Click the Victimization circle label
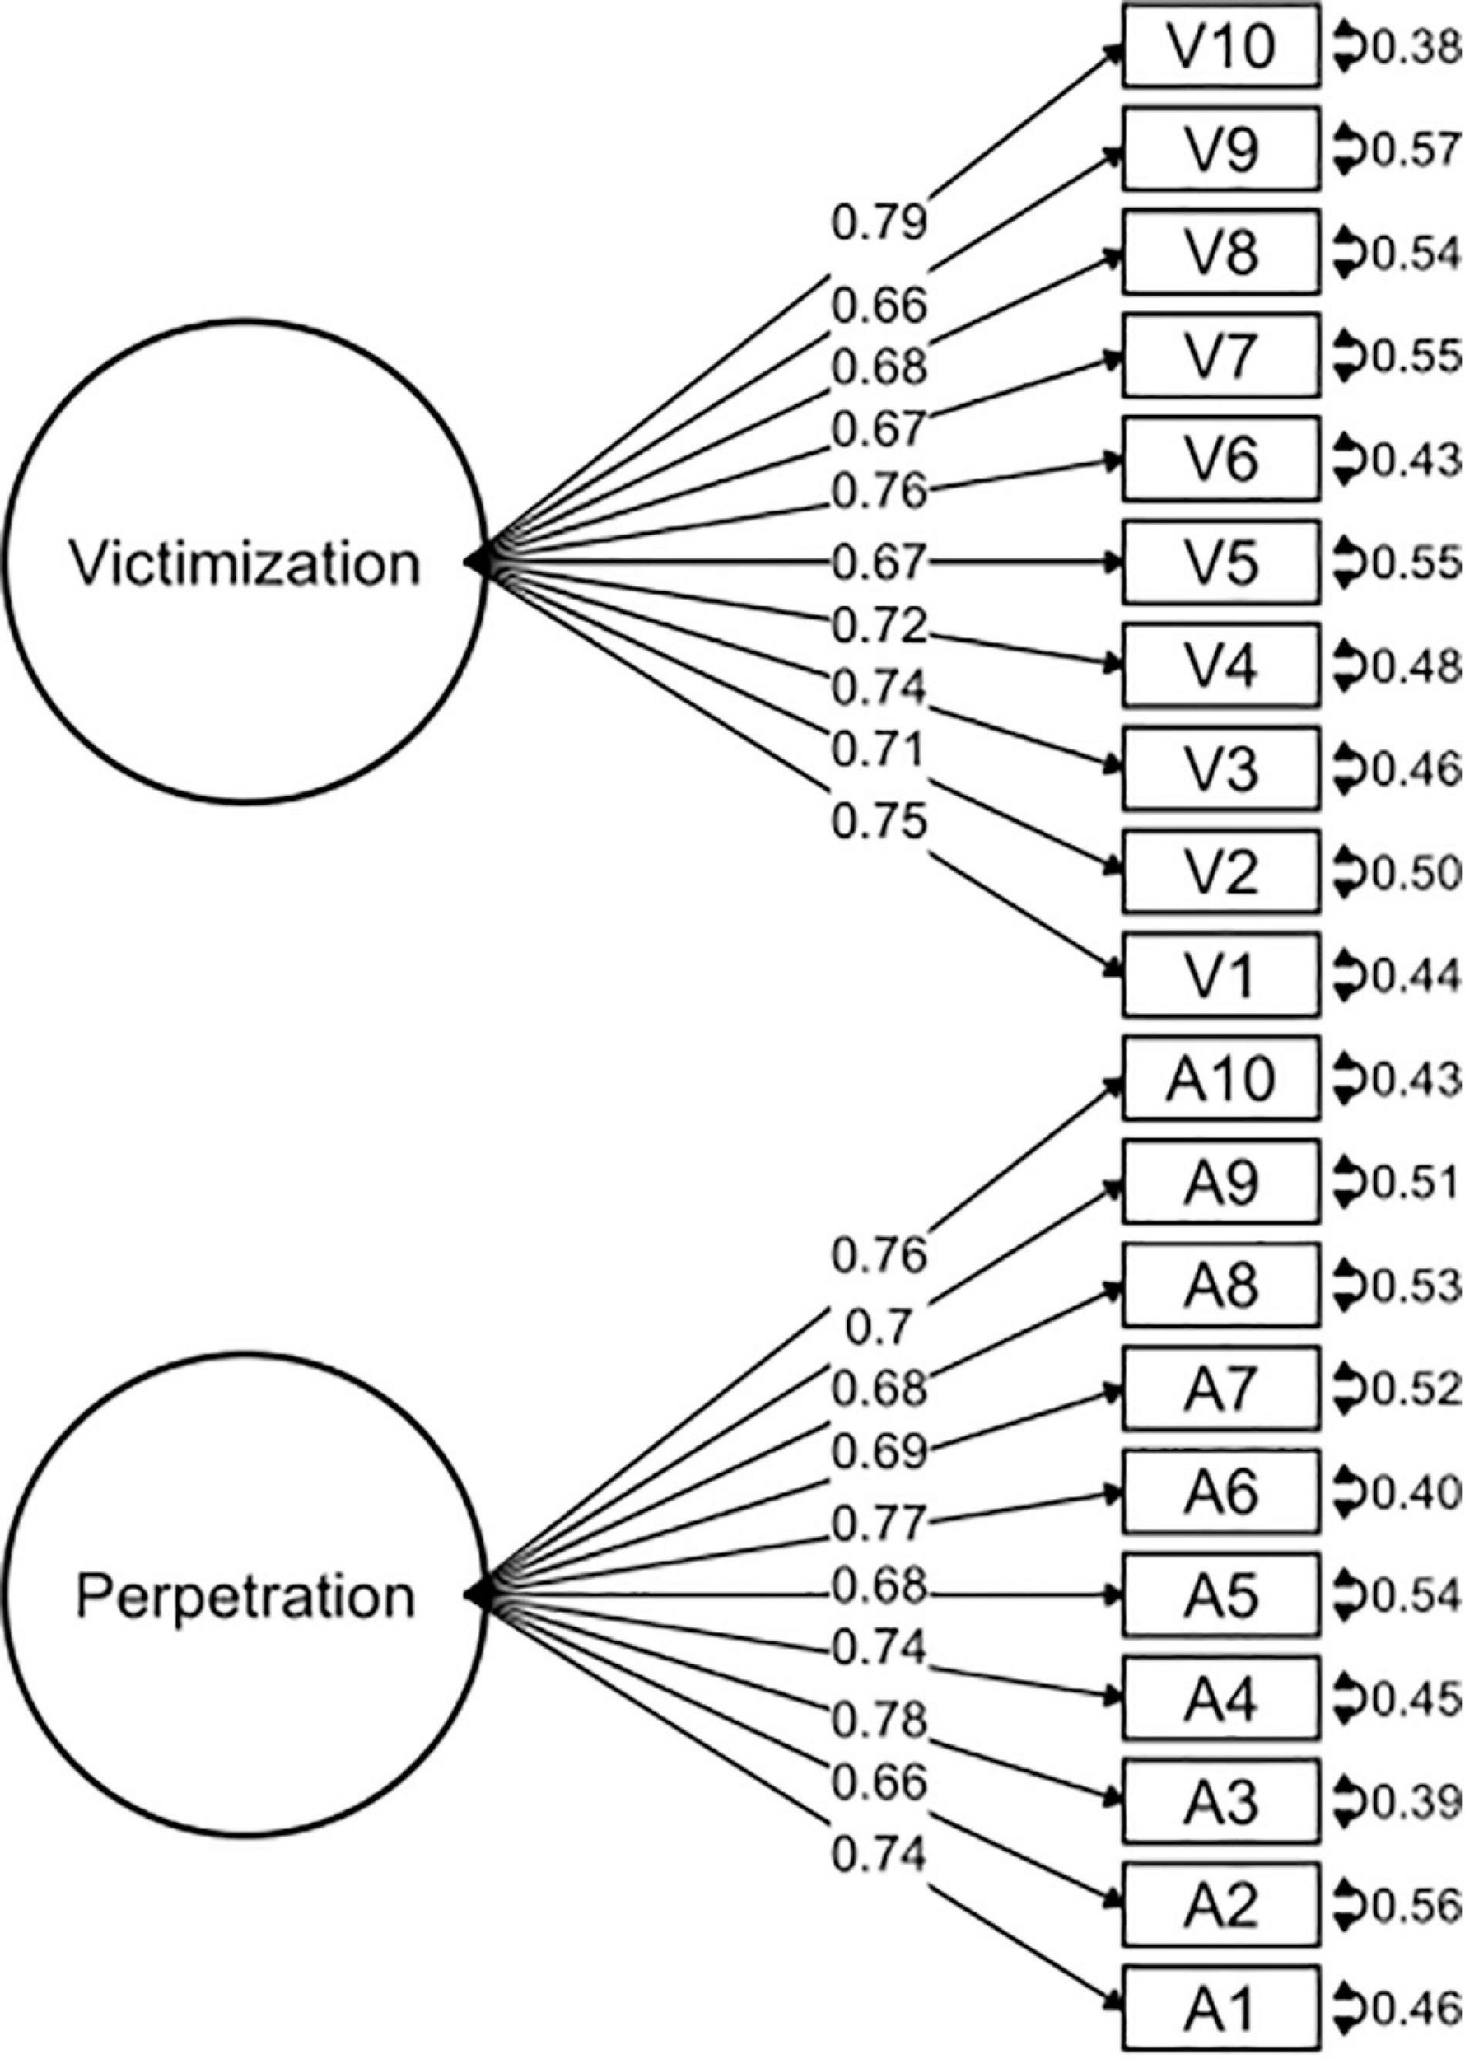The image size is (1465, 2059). [245, 564]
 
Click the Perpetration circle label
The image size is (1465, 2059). [245, 1596]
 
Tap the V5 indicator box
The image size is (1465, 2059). [1220, 563]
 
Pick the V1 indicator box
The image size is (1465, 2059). [1220, 975]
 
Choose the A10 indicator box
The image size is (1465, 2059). [1220, 1078]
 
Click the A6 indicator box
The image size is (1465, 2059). [1220, 1492]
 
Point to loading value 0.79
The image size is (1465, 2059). [879, 223]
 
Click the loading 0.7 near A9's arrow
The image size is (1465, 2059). [879, 1328]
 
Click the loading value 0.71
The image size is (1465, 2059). [879, 750]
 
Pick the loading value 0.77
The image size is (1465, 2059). [879, 1524]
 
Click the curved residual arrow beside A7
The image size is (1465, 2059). [1345, 1389]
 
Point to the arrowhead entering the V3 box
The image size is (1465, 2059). [1115, 769]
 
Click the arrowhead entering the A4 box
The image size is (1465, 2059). [1115, 1699]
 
